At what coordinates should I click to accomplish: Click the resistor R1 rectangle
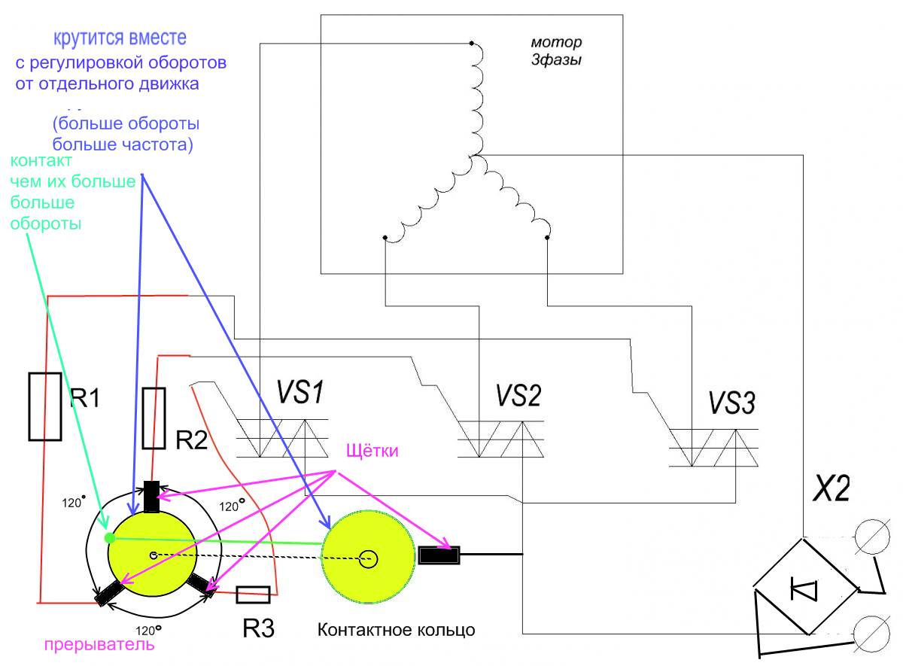[x=45, y=406]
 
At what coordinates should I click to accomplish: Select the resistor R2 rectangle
[x=154, y=418]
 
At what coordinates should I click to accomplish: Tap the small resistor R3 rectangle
[x=253, y=595]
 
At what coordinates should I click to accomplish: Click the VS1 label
[x=299, y=392]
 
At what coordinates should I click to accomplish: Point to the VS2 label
[x=518, y=395]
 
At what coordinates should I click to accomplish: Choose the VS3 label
[x=731, y=404]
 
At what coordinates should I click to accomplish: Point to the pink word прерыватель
[x=99, y=645]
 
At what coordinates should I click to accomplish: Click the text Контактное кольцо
[x=397, y=629]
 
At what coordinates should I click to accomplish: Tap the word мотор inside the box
[x=557, y=42]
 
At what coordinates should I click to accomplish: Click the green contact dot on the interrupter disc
[x=110, y=537]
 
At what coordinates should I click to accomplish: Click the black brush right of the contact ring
[x=439, y=556]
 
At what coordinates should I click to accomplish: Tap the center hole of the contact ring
[x=368, y=559]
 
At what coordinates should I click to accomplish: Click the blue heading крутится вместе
[x=120, y=38]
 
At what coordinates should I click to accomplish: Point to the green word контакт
[x=41, y=160]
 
